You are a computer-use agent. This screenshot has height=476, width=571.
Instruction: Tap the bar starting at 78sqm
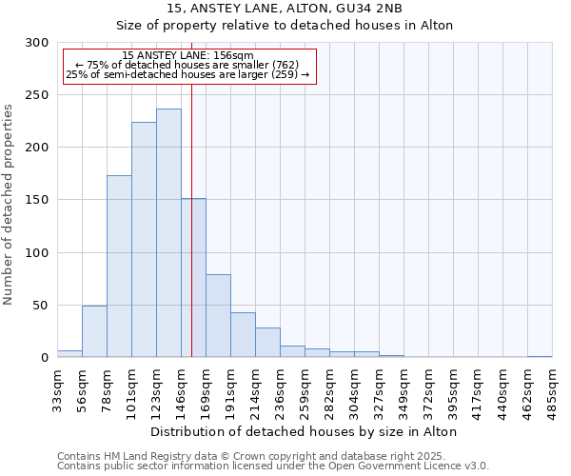pos(119,267)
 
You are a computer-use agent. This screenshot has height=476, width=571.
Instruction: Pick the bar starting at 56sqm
pos(94,331)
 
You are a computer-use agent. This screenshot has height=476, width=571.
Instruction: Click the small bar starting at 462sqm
pos(540,356)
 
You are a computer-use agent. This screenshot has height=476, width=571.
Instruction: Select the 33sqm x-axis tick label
pos(58,387)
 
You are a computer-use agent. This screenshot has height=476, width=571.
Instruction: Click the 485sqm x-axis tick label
pos(552,387)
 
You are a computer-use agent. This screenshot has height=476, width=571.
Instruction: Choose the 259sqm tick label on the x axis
pos(305,387)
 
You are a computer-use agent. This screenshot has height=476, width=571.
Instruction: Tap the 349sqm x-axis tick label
pos(404,387)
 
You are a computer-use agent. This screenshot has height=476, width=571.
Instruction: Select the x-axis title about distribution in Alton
pos(305,431)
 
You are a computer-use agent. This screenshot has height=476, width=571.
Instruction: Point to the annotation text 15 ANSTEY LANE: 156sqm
pos(188,56)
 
